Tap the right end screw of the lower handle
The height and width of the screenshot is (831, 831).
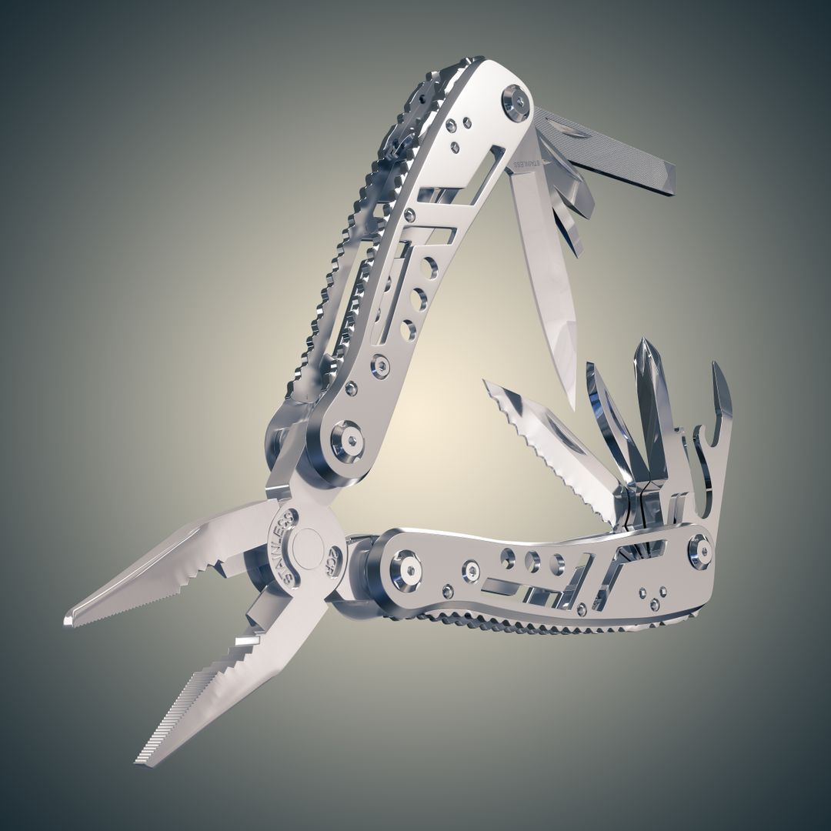click(699, 551)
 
